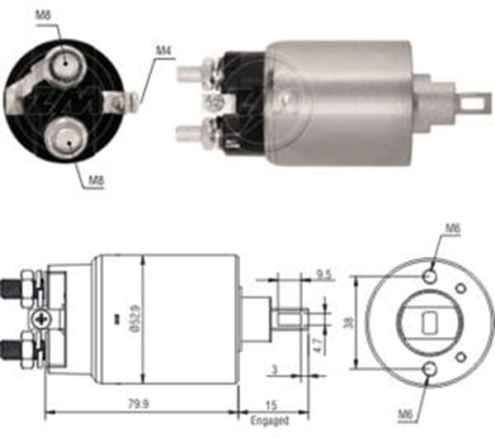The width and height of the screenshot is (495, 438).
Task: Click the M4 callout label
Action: tap(163, 51)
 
